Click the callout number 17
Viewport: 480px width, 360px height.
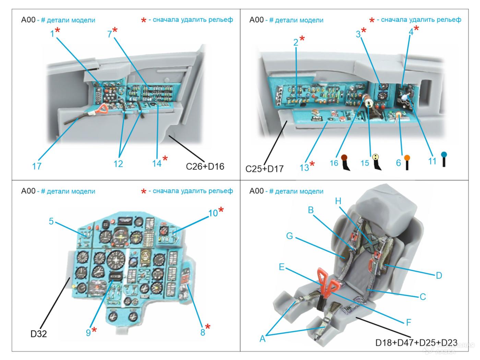37,166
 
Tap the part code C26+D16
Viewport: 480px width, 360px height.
205,166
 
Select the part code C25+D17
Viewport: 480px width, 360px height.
264,169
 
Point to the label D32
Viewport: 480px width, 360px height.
38,334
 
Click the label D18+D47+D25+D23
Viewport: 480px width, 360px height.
416,343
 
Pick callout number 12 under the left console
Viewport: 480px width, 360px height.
118,164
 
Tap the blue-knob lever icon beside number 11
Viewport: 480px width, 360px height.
444,159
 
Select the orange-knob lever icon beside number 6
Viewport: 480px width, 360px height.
407,162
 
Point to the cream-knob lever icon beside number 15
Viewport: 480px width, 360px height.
377,162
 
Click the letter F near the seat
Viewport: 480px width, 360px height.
408,322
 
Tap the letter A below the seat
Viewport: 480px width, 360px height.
263,339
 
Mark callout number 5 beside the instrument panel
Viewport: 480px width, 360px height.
51,221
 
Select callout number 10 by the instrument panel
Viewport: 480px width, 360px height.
213,213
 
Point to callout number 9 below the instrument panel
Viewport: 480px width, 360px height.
88,332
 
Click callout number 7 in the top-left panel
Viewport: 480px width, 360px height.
109,34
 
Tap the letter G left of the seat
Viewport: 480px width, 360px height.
290,236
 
